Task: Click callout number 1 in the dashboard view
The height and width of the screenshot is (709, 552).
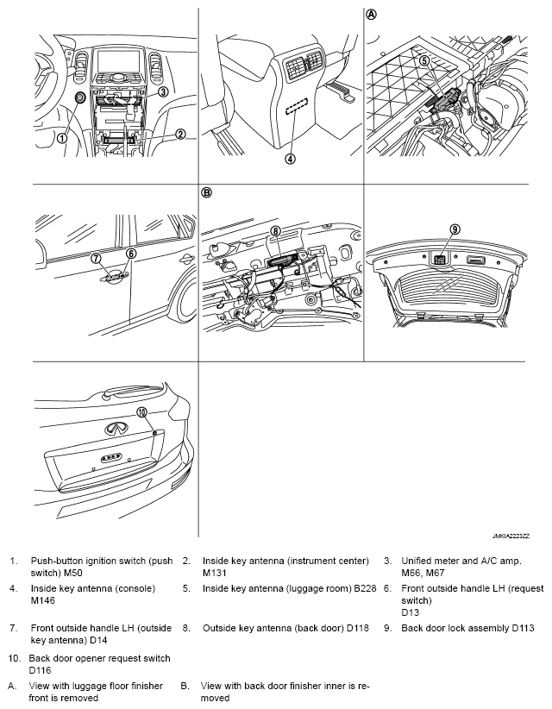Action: point(63,137)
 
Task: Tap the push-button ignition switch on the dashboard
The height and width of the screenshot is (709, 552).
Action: point(79,97)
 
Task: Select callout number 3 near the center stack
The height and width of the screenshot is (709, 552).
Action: point(163,91)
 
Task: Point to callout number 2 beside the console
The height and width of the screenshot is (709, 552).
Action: point(180,134)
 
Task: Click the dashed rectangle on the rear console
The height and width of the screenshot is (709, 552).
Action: point(295,109)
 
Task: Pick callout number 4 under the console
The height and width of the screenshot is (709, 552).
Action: point(291,159)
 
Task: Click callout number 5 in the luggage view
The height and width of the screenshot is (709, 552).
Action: point(423,60)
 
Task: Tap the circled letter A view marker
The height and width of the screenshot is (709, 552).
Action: point(371,15)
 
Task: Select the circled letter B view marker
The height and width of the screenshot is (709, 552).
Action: point(205,192)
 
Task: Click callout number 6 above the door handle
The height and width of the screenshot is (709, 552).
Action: point(131,254)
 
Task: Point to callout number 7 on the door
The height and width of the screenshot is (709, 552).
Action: point(96,258)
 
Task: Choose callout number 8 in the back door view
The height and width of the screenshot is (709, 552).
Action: point(276,231)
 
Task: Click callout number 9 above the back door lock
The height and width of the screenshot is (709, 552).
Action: point(455,229)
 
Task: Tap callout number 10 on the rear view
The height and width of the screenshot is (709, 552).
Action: point(142,412)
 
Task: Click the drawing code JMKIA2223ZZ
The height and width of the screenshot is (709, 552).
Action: point(511,536)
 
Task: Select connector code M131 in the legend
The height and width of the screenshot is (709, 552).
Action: point(215,573)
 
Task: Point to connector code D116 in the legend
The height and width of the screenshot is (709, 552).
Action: point(40,670)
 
